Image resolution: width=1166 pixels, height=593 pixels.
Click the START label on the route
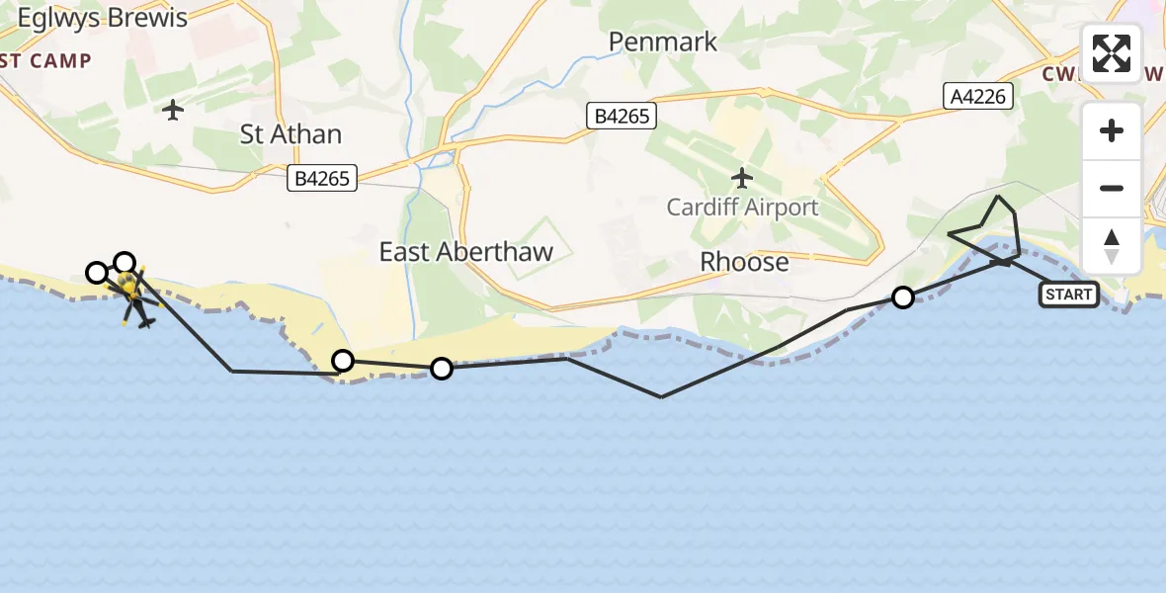coord(1068,295)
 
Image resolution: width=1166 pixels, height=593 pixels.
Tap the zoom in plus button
coord(1112,130)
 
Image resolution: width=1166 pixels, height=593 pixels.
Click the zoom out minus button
coord(1112,188)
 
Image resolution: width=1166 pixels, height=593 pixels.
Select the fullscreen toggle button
coord(1112,53)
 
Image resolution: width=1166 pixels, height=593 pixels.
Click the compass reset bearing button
coord(1112,246)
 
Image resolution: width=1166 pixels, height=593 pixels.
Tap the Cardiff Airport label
coord(742,208)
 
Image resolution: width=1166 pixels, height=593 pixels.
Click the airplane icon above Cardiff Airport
coord(742,178)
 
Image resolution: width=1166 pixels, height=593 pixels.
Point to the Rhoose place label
coord(744,262)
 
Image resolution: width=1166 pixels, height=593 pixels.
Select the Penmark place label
coord(662,42)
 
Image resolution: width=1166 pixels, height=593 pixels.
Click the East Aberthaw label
coord(465,252)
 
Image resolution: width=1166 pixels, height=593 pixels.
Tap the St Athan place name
coord(291,134)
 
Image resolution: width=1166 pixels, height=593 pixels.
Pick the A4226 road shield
coord(977,95)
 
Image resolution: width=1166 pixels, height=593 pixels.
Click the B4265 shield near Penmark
coord(621,117)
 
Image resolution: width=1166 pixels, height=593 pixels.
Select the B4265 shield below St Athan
coord(321,180)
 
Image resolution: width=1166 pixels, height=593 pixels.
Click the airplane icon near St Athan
coord(174,110)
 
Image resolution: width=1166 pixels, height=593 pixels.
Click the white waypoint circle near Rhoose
coord(902,296)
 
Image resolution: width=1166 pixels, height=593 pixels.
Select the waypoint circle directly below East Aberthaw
coord(442,369)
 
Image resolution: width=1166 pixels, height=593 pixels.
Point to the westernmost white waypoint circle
coord(96,272)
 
